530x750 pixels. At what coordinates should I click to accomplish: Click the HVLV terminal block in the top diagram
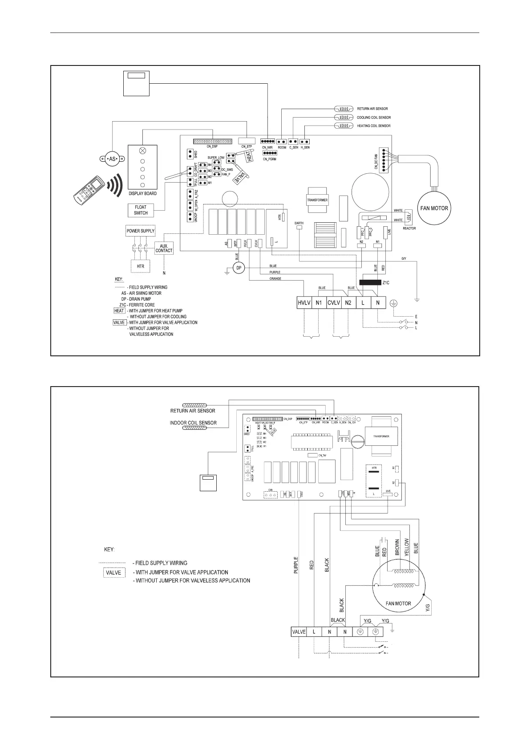coord(303,303)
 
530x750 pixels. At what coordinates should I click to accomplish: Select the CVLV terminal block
coord(333,303)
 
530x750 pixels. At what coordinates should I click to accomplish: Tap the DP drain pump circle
coord(239,268)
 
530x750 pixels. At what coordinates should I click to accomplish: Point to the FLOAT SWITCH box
coord(141,210)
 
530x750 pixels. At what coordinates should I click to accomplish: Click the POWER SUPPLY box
coord(141,231)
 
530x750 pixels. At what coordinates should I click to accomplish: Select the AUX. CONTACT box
coord(164,248)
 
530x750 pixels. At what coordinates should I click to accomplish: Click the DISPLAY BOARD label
coord(142,194)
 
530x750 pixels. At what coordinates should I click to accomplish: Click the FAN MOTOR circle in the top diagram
coord(434,208)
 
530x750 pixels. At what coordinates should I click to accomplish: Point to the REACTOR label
coord(409,228)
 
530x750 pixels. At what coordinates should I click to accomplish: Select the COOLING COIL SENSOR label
coord(374,118)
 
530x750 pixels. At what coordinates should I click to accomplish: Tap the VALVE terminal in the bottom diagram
coord(299,632)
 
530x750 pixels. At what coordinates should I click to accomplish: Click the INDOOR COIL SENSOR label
coord(193,423)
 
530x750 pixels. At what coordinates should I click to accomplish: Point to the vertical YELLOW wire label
coord(406,546)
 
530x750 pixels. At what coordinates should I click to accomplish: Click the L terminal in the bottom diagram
coord(314,632)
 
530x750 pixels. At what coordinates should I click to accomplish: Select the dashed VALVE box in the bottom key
coord(113,573)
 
